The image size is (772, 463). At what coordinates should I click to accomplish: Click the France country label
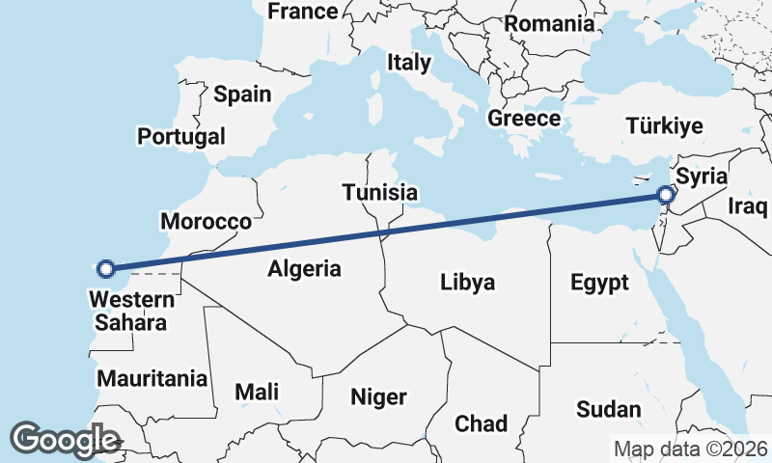point(303,12)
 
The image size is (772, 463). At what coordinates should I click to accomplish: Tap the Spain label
point(242,94)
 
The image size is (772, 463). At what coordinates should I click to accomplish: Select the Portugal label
point(181,136)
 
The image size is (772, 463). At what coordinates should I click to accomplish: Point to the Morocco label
point(206,221)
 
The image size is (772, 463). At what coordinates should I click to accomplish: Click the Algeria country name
point(305,268)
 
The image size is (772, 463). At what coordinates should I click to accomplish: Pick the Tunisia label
point(379,192)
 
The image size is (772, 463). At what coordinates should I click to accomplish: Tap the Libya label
point(467,283)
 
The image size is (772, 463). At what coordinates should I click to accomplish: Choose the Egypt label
point(599,283)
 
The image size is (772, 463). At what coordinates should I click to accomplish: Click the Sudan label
point(609,409)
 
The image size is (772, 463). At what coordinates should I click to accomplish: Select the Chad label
point(481,423)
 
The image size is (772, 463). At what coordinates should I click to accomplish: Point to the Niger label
point(378,396)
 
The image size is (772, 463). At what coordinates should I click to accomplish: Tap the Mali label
point(257,392)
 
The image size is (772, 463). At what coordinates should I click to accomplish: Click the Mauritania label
point(152,377)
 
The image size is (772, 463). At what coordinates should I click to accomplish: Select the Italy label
point(408,63)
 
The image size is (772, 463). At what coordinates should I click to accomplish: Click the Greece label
point(524,118)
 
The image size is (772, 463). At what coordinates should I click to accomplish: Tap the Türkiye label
point(664,125)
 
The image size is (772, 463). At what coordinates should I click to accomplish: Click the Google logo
point(65,440)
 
